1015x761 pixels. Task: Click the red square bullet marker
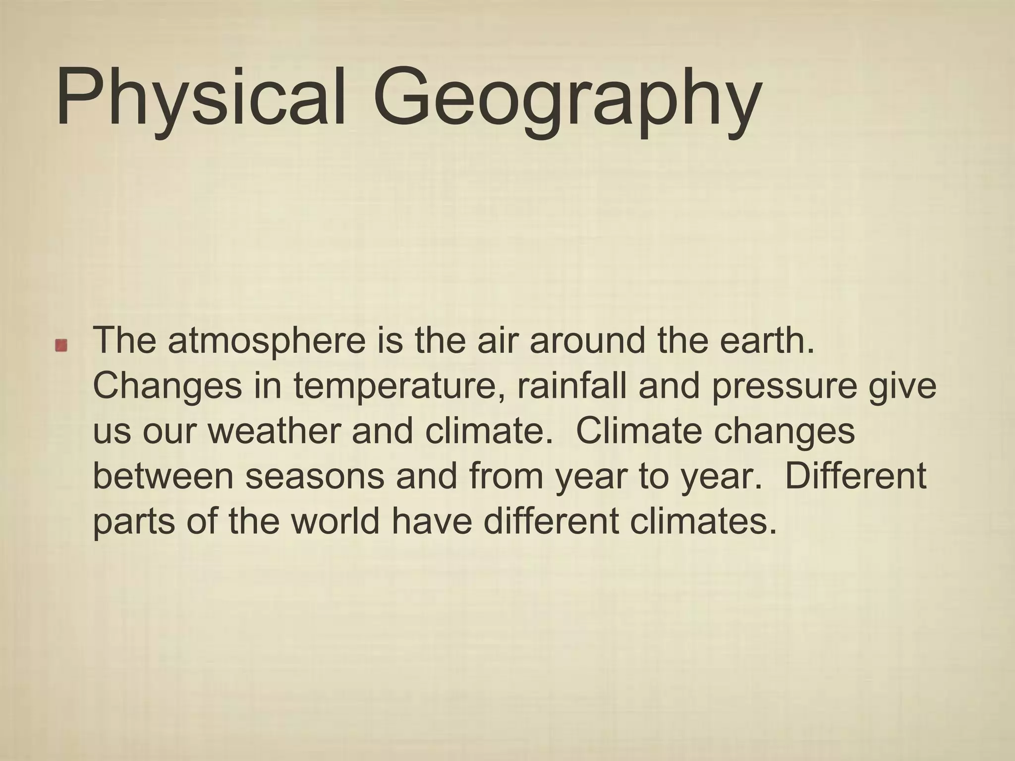[x=61, y=345]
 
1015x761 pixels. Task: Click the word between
[x=163, y=476]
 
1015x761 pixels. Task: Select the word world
[x=335, y=521]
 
